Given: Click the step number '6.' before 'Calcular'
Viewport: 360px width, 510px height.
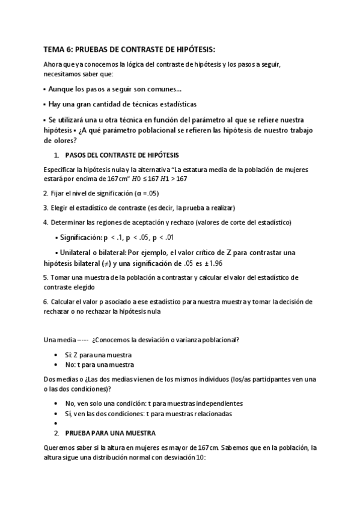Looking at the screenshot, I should [x=46, y=301].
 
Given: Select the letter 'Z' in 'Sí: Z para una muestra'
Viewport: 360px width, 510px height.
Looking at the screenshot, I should [x=76, y=355].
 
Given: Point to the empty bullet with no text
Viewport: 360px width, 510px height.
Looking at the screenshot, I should [x=56, y=423].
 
